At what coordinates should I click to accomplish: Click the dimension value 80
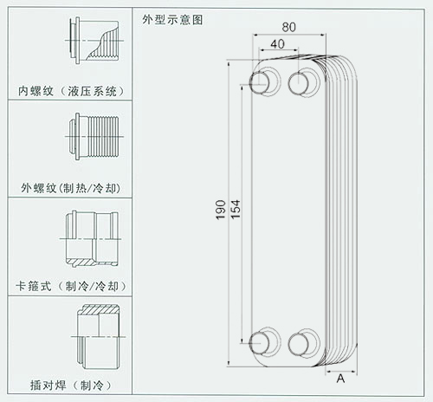pyautogui.click(x=288, y=27)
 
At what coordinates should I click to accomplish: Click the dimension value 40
pyautogui.click(x=277, y=44)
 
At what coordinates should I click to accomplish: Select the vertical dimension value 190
pyautogui.click(x=221, y=210)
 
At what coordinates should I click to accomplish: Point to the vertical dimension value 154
pyautogui.click(x=236, y=210)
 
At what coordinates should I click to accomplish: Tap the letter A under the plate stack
pyautogui.click(x=340, y=379)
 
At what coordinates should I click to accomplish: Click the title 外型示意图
pyautogui.click(x=172, y=20)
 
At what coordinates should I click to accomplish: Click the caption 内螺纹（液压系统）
pyautogui.click(x=71, y=91)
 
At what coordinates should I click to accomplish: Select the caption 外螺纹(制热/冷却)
pyautogui.click(x=71, y=188)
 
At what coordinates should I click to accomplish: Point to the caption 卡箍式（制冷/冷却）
pyautogui.click(x=71, y=286)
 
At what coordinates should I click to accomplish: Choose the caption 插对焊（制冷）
pyautogui.click(x=71, y=386)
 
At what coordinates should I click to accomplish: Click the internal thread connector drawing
pyautogui.click(x=94, y=41)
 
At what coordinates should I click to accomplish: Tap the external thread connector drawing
pyautogui.click(x=94, y=137)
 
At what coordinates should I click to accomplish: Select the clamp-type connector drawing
pyautogui.click(x=91, y=239)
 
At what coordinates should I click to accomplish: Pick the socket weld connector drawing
pyautogui.click(x=98, y=337)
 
